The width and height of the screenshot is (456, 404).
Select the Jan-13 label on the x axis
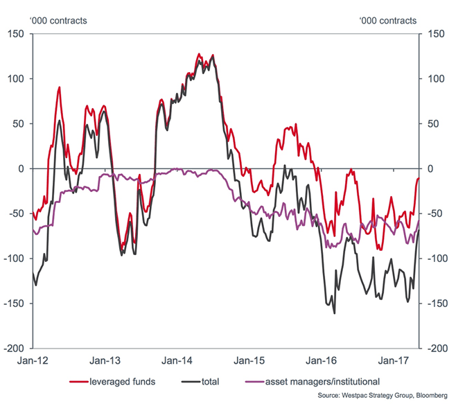(x=106, y=360)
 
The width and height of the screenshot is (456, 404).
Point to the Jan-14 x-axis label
(x=177, y=360)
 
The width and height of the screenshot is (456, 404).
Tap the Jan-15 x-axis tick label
(x=247, y=360)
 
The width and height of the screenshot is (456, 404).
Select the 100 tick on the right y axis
(x=436, y=78)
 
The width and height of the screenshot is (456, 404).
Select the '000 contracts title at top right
(x=388, y=20)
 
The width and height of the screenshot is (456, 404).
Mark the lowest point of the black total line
(x=335, y=313)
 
